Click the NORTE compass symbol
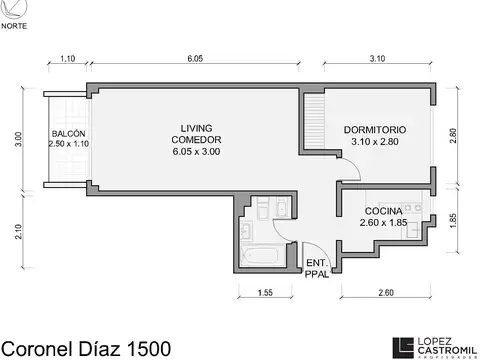[x=13, y=9]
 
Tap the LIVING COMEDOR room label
[x=195, y=139]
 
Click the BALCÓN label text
[x=68, y=139]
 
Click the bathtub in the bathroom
[x=262, y=256]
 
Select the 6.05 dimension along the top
[x=195, y=60]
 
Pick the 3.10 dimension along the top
[x=376, y=60]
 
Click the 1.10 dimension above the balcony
[x=68, y=60]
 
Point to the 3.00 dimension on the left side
[x=17, y=140]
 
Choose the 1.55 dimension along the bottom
[x=266, y=292]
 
